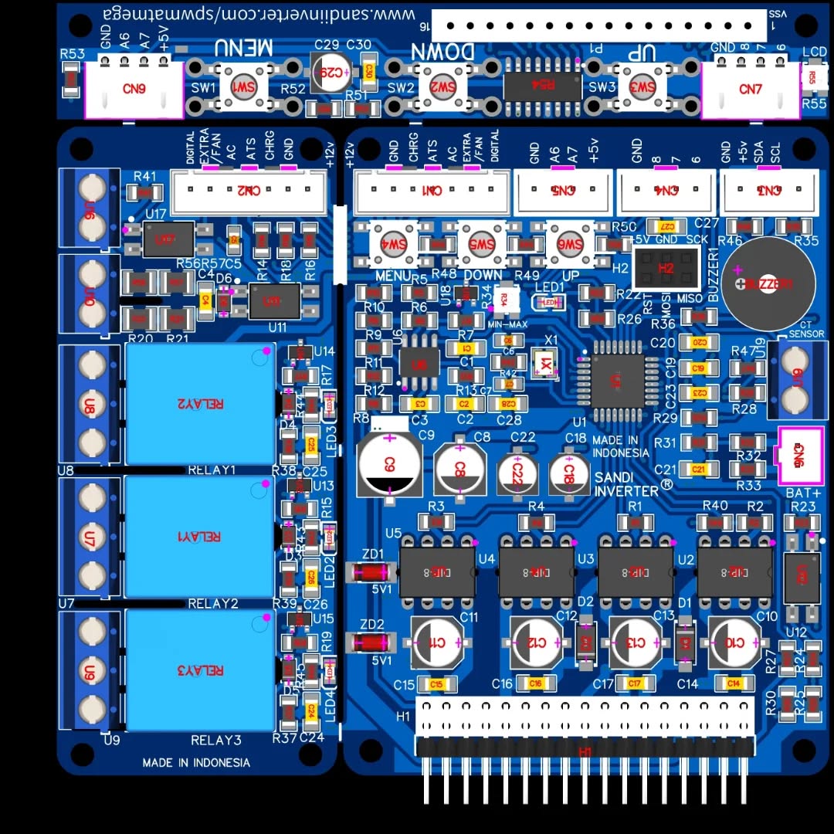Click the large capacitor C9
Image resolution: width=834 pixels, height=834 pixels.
click(389, 463)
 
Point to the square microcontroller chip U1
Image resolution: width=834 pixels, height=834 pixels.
click(615, 380)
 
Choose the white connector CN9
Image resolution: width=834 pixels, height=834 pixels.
click(134, 89)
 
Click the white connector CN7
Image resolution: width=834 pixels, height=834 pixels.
click(750, 90)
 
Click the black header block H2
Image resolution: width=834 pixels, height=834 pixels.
click(666, 268)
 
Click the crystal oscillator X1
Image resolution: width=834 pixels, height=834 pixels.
click(546, 362)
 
